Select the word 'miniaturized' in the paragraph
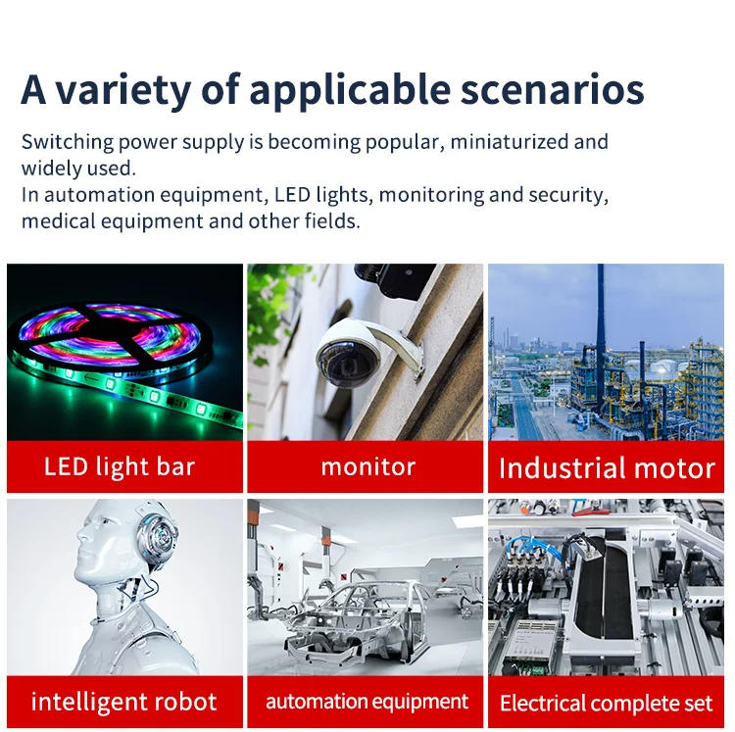point(510,141)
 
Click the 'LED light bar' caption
point(120,465)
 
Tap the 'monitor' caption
point(367,466)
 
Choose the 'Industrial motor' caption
point(607,467)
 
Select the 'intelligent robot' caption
point(123,702)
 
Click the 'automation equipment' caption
point(367,702)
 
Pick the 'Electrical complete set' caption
point(607,703)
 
